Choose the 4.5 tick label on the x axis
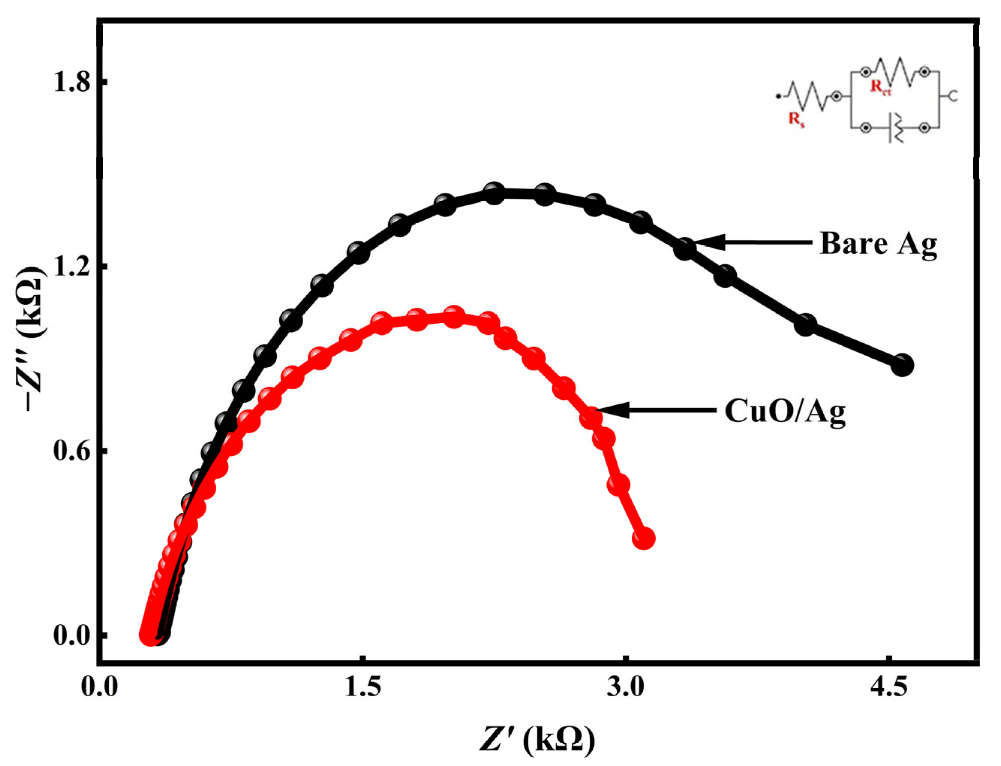889,687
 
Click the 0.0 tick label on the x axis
99,687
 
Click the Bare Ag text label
878,244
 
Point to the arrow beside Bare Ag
752,242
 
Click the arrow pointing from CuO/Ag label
657,410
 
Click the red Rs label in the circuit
796,120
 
